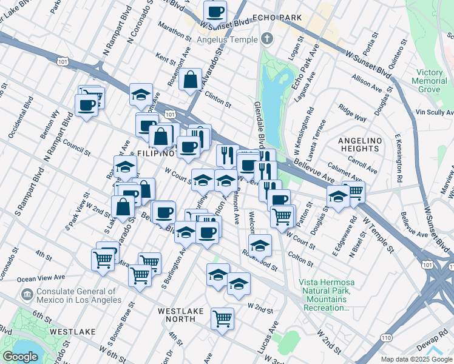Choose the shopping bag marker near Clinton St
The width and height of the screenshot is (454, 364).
coord(190,79)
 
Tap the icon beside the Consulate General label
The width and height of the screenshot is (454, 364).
coord(27,295)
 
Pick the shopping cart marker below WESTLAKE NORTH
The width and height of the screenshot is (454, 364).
coord(223,318)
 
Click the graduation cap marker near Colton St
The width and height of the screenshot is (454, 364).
coord(260,245)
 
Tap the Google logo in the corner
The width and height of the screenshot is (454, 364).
coord(20,357)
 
